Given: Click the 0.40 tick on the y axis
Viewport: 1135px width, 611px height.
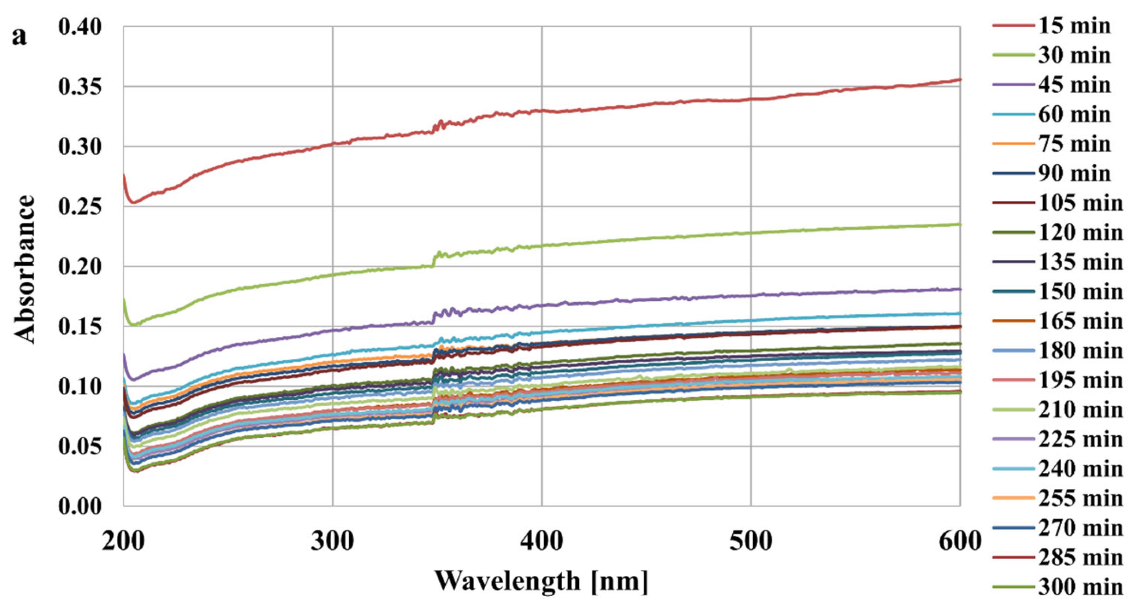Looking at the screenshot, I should click(x=80, y=27).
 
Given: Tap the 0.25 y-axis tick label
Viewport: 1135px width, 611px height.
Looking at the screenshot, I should click(x=80, y=206).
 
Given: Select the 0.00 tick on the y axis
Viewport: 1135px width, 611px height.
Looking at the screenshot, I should click(x=80, y=506).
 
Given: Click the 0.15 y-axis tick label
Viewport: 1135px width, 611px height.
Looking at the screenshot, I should click(x=80, y=327).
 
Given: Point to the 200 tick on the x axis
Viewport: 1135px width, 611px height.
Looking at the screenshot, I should click(x=123, y=541).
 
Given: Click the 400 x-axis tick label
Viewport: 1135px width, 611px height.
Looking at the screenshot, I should click(x=541, y=541).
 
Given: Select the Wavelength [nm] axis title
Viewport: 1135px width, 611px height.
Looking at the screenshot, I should click(x=541, y=581).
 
